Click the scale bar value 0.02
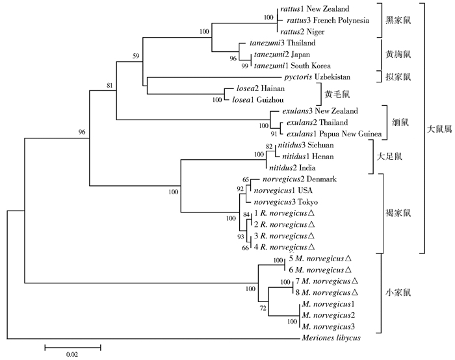point(71,354)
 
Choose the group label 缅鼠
point(399,122)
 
